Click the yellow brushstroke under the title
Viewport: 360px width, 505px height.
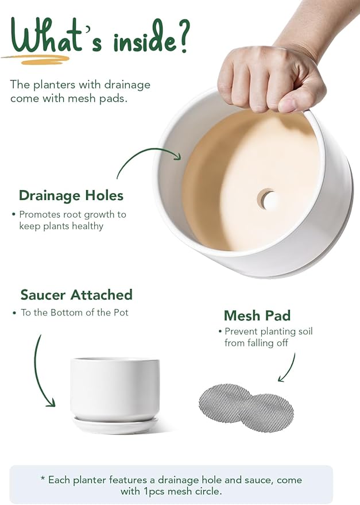[x=36, y=59]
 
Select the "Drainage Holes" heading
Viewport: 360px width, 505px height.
[x=71, y=195]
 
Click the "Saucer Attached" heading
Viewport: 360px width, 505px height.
[x=76, y=295]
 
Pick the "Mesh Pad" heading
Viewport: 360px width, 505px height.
[x=257, y=315]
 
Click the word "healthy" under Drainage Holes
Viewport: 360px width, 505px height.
[x=87, y=226]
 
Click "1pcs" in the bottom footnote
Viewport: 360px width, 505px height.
[x=153, y=492]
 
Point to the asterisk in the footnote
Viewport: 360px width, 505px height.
[x=42, y=479]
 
